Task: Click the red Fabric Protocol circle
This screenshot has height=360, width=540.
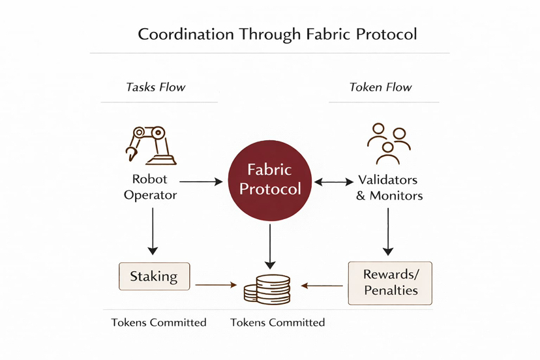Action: click(270, 179)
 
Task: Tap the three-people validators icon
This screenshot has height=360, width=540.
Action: click(388, 143)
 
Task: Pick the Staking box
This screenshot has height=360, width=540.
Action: click(154, 276)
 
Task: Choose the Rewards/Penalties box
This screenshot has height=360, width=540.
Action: click(390, 282)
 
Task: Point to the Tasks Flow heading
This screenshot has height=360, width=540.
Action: click(156, 87)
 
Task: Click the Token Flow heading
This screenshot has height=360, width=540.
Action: click(381, 87)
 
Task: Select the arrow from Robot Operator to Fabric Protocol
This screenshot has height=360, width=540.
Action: click(201, 182)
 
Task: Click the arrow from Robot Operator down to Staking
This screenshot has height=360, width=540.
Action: click(153, 231)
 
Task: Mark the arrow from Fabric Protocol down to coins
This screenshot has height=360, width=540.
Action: click(270, 247)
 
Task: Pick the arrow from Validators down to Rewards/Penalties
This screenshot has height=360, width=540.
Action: click(389, 231)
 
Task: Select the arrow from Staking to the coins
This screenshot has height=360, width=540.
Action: click(216, 285)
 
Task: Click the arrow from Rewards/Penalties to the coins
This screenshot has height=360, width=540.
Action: click(323, 285)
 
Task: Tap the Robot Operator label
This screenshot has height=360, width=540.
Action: click(150, 187)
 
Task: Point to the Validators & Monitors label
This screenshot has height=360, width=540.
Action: click(389, 187)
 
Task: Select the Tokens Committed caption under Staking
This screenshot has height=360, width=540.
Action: click(158, 322)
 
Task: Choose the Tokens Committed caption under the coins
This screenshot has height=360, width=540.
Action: click(277, 322)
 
